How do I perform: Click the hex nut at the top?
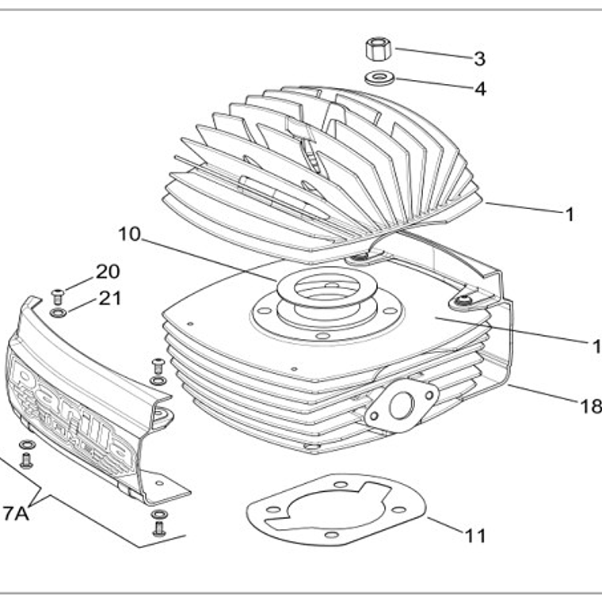379,49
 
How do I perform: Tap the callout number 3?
479,59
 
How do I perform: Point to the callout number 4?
479,88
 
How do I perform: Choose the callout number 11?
474,535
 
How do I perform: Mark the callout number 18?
590,406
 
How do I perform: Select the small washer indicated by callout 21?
58,312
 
